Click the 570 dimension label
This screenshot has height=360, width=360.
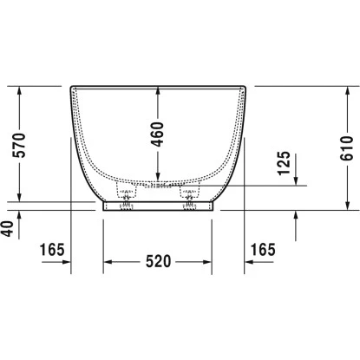point(19,145)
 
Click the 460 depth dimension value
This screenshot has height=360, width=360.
point(158,134)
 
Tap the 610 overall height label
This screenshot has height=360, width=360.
point(347,148)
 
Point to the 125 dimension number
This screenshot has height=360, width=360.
point(284,163)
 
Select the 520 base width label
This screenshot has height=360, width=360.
point(159,261)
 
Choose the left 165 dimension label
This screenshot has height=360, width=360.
point(52,250)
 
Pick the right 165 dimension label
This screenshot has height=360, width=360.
point(263,250)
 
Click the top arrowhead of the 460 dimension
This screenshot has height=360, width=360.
point(158,90)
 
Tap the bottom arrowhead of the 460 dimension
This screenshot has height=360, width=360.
point(158,177)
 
